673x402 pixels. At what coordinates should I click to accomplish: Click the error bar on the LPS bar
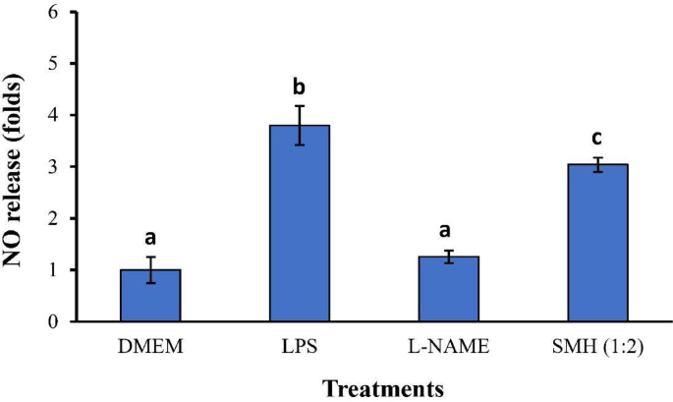[x=299, y=125]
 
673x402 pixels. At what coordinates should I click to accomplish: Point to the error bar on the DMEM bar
[x=150, y=269]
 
